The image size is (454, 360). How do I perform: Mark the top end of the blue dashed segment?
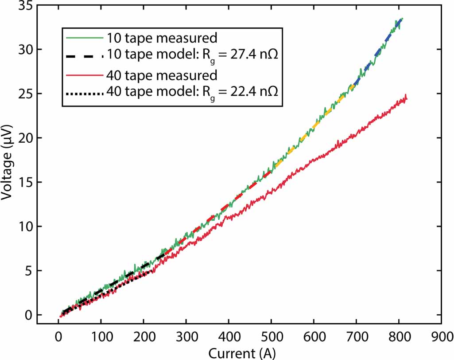pos(402,19)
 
